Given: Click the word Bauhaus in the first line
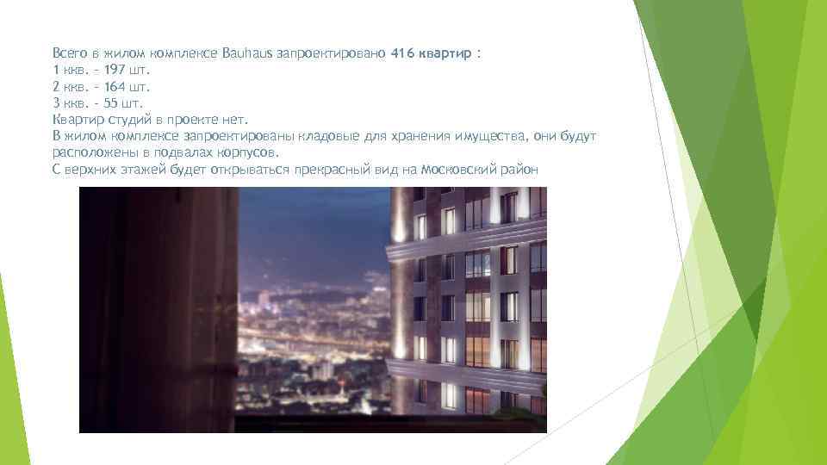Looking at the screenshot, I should click(x=247, y=53).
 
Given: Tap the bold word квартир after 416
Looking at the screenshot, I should click(x=445, y=53).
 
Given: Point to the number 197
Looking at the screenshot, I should click(x=115, y=71).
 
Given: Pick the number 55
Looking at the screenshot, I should click(x=112, y=103).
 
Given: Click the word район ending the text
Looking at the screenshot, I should click(x=519, y=169).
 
